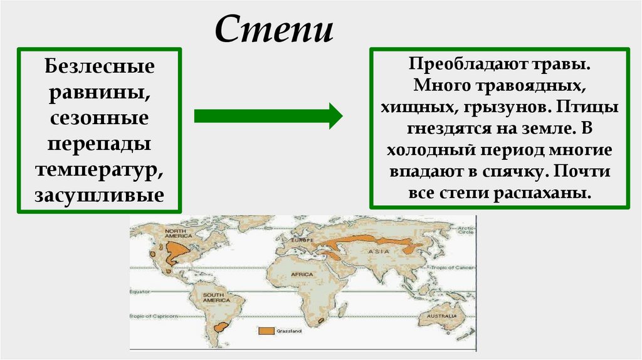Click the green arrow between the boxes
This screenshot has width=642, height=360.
pos(268,116)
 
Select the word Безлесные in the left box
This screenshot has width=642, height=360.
pos(100,66)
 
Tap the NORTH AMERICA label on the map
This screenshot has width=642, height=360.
pos(178,233)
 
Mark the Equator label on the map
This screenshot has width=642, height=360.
pos(142,292)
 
